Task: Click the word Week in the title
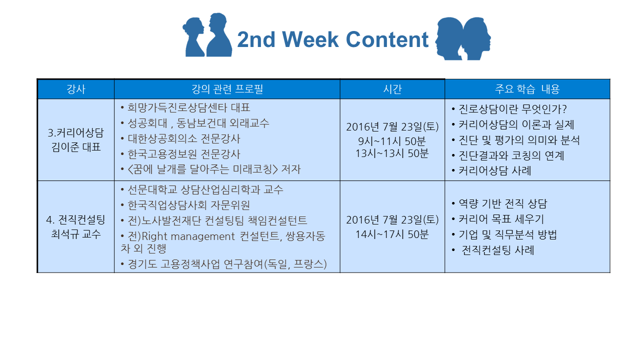tap(310, 39)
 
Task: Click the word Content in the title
tap(387, 39)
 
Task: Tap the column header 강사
tap(75, 89)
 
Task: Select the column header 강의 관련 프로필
tap(227, 89)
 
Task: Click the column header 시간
tap(392, 89)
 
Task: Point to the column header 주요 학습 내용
tap(527, 89)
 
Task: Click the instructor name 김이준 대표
tap(76, 147)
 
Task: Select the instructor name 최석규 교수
tap(76, 234)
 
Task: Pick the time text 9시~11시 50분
tap(392, 141)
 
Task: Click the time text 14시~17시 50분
tap(392, 234)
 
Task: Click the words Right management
tap(188, 236)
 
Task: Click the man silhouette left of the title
tap(219, 35)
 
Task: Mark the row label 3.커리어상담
tap(75, 133)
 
